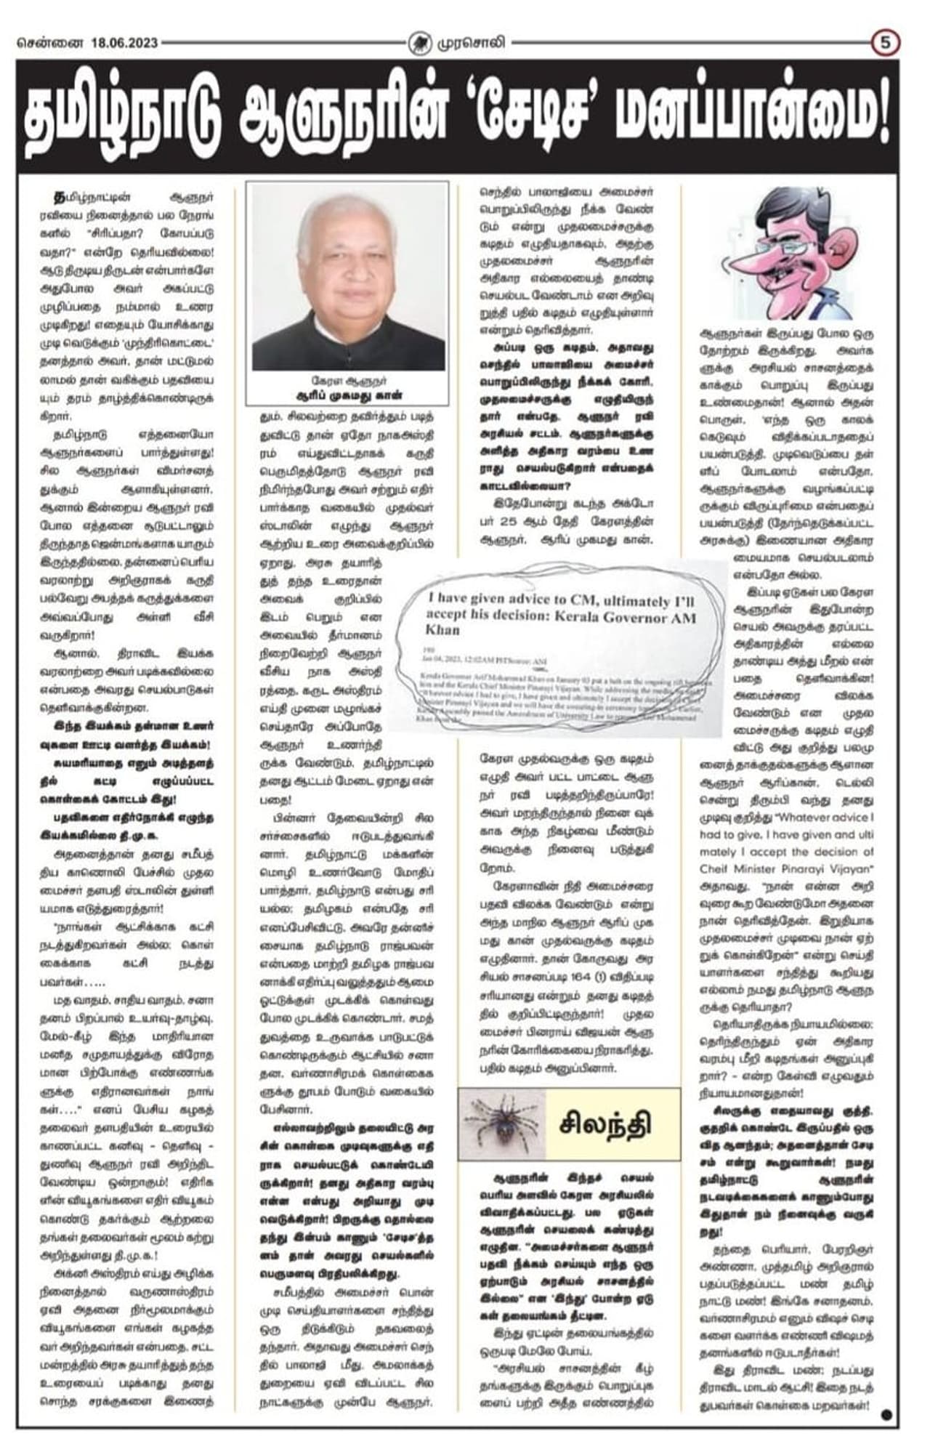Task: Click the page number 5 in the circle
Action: click(x=885, y=43)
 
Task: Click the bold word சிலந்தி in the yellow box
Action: click(x=605, y=1124)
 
